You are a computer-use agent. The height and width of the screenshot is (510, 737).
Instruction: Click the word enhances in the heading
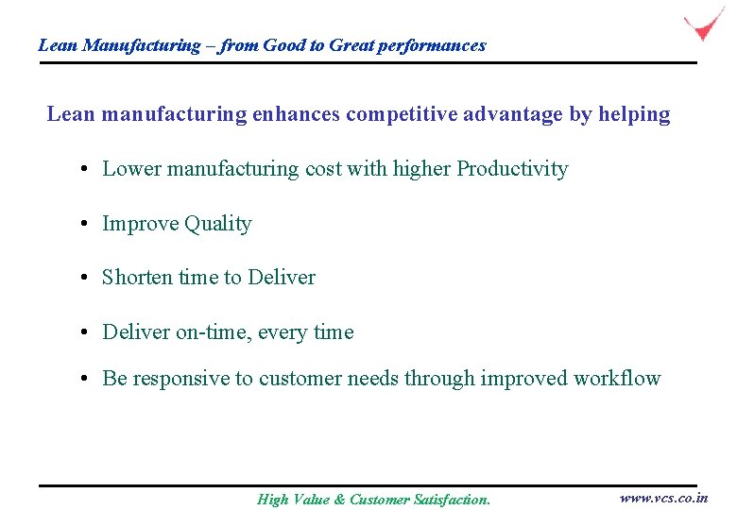(x=299, y=114)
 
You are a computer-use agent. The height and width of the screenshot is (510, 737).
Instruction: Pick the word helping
(x=634, y=114)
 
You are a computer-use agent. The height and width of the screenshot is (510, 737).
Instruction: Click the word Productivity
(x=512, y=169)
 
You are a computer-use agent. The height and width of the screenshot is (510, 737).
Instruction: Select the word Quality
(x=218, y=224)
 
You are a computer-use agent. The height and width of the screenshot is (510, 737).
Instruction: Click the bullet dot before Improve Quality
(x=85, y=224)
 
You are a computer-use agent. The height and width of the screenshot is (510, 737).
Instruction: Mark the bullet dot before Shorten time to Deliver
(x=85, y=278)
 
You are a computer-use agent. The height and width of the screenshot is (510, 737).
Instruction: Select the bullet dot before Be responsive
(x=85, y=379)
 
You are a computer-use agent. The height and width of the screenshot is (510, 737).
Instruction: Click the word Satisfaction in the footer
(x=452, y=500)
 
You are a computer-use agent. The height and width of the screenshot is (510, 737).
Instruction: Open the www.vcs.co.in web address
(x=663, y=498)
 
